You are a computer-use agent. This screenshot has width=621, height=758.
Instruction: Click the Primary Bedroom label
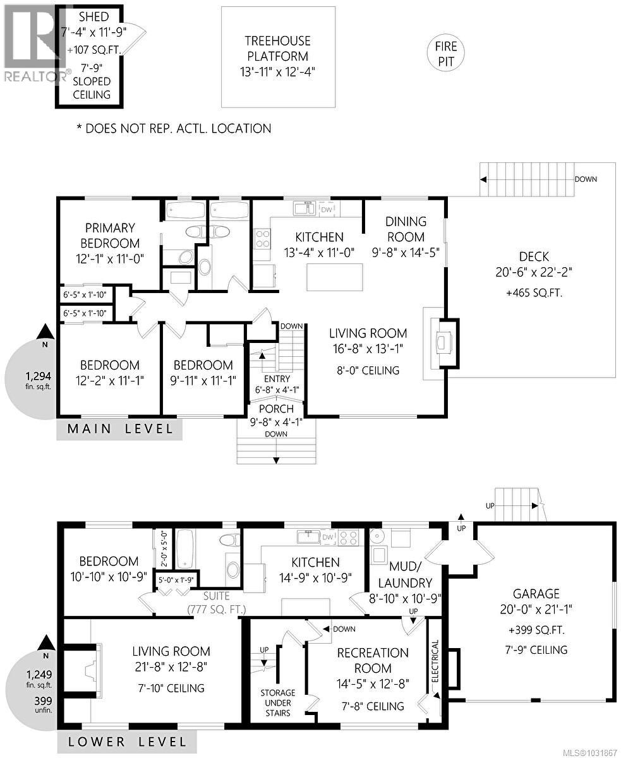click(x=111, y=235)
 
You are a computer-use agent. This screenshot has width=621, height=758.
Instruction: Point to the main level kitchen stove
click(x=262, y=239)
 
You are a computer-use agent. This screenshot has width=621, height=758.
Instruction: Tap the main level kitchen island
click(x=335, y=276)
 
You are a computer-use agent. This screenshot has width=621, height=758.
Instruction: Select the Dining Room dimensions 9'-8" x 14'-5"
click(x=406, y=252)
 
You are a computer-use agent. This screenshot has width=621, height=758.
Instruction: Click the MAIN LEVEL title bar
click(x=120, y=430)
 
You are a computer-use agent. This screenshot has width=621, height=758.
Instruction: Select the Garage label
click(x=536, y=594)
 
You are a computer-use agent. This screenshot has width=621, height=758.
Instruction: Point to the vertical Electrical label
click(x=435, y=660)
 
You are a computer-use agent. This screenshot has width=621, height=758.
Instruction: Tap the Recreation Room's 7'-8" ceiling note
click(x=370, y=706)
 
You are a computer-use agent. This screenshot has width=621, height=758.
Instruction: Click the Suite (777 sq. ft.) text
click(x=216, y=603)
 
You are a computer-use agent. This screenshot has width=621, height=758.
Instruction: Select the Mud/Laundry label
click(x=410, y=574)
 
